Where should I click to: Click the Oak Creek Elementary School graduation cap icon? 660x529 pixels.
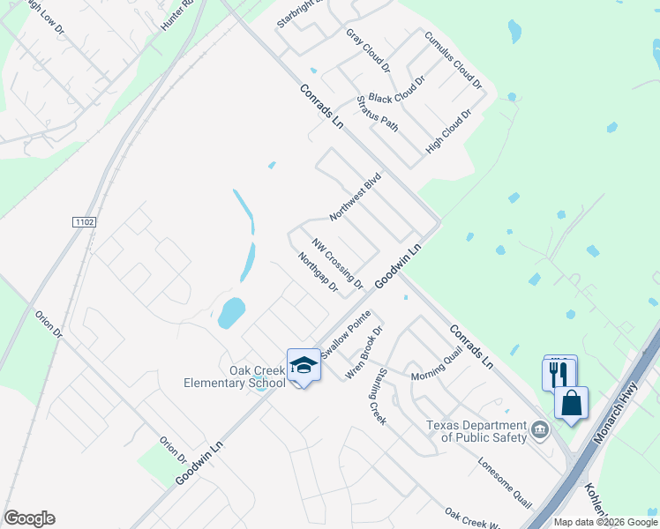pyautogui.click(x=304, y=365)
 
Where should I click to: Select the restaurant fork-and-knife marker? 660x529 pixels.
pyautogui.click(x=557, y=374)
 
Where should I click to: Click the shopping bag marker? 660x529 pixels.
pyautogui.click(x=572, y=403)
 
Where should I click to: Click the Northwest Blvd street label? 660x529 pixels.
pyautogui.click(x=355, y=196)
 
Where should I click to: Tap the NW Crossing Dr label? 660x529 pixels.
pyautogui.click(x=337, y=262)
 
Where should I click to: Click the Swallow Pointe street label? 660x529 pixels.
pyautogui.click(x=346, y=334)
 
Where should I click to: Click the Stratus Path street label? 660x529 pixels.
pyautogui.click(x=378, y=114)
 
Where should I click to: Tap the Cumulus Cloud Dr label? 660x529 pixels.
pyautogui.click(x=454, y=62)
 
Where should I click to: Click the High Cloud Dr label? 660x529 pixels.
pyautogui.click(x=448, y=132)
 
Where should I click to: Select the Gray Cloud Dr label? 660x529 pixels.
pyautogui.click(x=368, y=50)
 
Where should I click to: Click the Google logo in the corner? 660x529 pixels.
pyautogui.click(x=29, y=518)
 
